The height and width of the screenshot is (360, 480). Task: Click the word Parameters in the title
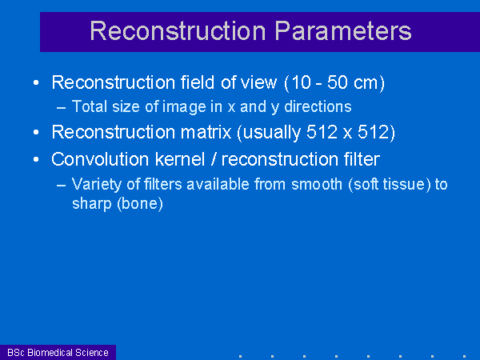click(x=343, y=31)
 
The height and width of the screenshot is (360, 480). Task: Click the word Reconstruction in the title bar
click(x=178, y=31)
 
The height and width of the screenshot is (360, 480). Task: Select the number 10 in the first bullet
click(x=301, y=82)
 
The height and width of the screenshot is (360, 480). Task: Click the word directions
click(x=318, y=106)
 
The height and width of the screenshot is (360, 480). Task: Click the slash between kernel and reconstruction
click(x=213, y=159)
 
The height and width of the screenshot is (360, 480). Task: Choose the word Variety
click(x=97, y=185)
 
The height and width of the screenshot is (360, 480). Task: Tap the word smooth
click(x=317, y=184)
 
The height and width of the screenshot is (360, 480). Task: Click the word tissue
click(x=404, y=184)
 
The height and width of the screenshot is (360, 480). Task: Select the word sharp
click(x=92, y=204)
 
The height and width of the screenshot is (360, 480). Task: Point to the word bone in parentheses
click(x=140, y=203)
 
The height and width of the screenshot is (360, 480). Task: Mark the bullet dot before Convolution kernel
click(x=36, y=159)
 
